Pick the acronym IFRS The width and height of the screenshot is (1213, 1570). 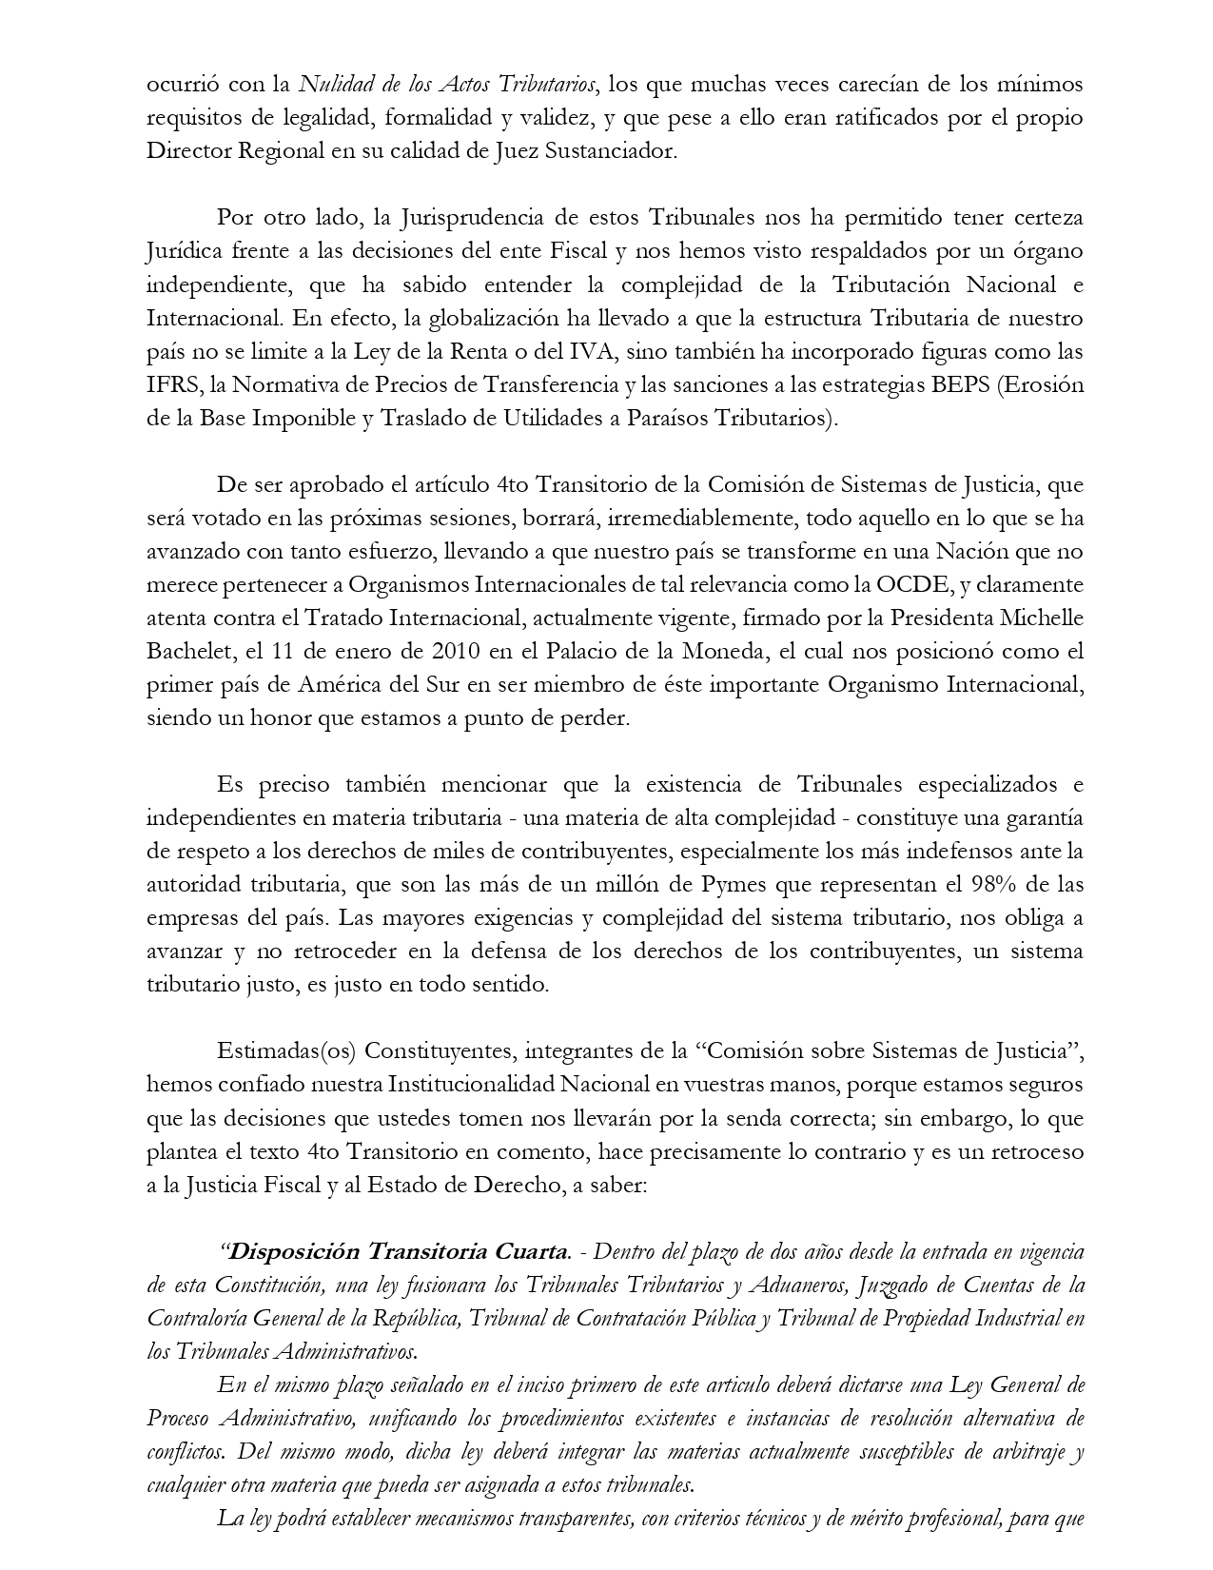point(171,384)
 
